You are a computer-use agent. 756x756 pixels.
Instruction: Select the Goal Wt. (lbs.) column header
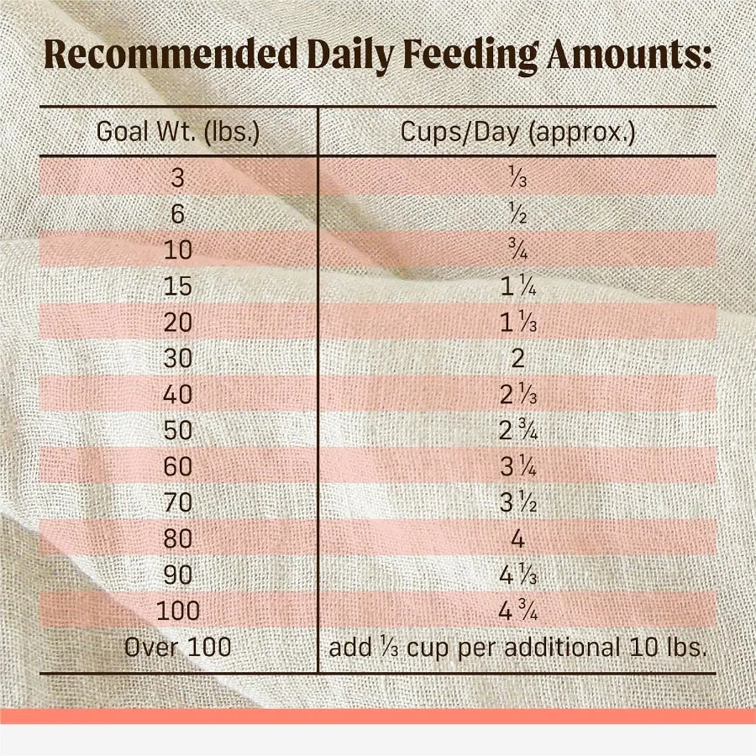[x=178, y=133]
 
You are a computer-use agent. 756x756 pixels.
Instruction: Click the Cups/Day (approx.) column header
[x=517, y=133]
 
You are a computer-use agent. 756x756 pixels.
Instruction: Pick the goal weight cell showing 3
[x=178, y=178]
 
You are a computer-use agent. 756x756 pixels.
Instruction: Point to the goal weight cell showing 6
[x=178, y=214]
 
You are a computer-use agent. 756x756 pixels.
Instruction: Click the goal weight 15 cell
[x=178, y=286]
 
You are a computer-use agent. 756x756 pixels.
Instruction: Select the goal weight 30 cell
[x=178, y=359]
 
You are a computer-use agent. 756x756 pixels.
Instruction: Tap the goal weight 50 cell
[x=178, y=431]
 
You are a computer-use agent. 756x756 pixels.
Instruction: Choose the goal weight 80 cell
[x=178, y=539]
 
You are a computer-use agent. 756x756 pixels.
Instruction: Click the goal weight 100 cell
[x=178, y=612]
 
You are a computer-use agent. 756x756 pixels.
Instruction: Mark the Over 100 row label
[x=178, y=648]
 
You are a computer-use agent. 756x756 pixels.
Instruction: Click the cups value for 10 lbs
[x=517, y=250]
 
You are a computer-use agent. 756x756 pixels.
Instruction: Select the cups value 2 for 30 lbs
[x=517, y=359]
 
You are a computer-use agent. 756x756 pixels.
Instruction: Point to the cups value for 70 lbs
[x=517, y=503]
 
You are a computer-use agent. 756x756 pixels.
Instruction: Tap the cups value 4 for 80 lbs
[x=517, y=539]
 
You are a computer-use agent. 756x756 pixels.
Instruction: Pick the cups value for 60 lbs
[x=517, y=467]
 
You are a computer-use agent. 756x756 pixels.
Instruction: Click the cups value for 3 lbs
[x=517, y=178]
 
